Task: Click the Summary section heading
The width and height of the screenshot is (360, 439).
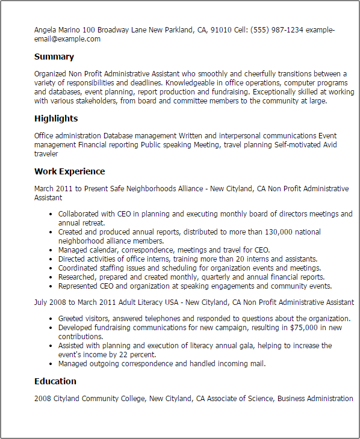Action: coord(54,57)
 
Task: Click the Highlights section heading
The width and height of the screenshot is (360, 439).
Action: coord(56,118)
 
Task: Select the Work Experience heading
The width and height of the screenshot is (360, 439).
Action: coord(69,171)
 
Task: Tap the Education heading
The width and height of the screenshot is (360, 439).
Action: coord(55,381)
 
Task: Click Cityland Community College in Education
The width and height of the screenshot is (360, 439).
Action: coord(99,399)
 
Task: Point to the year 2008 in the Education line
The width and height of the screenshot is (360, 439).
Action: coord(43,399)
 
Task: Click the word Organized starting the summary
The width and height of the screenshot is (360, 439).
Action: coord(51,74)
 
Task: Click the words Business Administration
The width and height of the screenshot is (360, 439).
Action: coord(315,399)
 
